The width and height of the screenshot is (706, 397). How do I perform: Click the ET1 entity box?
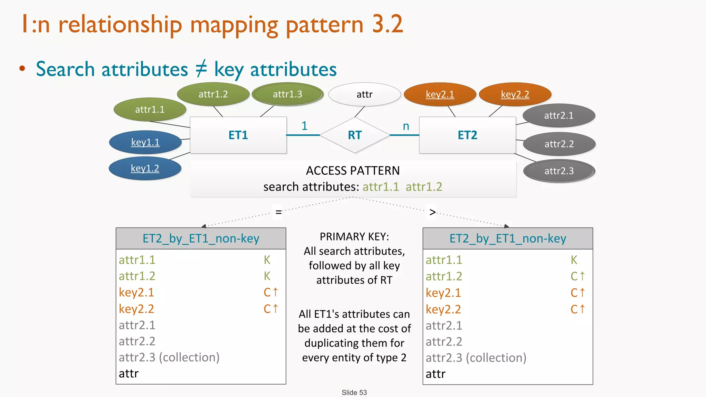point(238,135)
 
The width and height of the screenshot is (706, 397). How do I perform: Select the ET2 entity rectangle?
point(467,135)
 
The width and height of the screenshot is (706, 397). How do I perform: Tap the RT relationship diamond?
point(355,135)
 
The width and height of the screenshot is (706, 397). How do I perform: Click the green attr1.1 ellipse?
point(150,110)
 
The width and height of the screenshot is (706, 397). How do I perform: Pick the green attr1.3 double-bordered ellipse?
point(288,94)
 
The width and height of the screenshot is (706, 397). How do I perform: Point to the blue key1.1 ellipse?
point(145,142)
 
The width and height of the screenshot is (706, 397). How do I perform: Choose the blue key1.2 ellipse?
point(145,168)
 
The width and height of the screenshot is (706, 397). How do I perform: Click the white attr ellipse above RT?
point(364,94)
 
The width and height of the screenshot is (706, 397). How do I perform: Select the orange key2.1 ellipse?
point(440,94)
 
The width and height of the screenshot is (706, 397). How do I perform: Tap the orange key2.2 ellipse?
point(515,94)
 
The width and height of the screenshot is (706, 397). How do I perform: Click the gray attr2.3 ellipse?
point(559,171)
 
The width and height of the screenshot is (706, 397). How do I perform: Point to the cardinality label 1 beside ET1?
point(304,126)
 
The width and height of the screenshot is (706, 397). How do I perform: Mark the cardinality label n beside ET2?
point(406,126)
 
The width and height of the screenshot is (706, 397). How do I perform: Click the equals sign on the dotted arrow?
point(279,212)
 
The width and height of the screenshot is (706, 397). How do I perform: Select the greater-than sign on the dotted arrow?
point(433,212)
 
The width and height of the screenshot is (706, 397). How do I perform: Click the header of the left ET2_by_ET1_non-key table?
point(201,238)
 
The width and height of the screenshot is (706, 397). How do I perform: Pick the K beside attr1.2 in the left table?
point(267,276)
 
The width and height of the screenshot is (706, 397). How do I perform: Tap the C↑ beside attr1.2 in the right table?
point(578,276)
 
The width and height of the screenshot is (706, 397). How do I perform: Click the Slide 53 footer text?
point(354,393)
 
